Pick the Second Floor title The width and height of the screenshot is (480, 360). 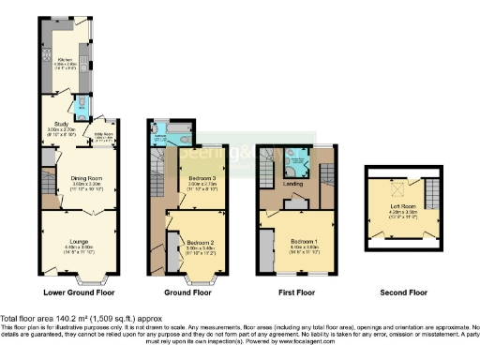pyautogui.click(x=401, y=292)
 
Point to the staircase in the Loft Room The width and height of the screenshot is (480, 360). pyautogui.click(x=430, y=194)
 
